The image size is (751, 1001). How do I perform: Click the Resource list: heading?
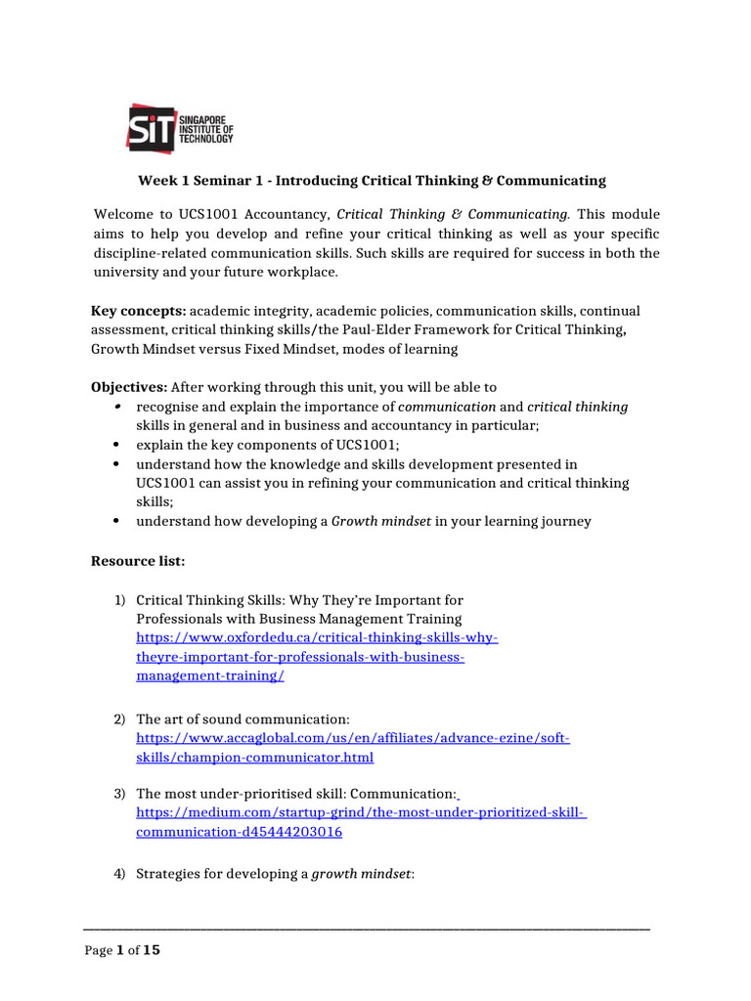[x=138, y=561]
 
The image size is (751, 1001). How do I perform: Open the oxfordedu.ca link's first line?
[x=317, y=637]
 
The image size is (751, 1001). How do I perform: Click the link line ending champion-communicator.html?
[x=254, y=757]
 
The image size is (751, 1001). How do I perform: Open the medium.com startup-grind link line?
[x=360, y=813]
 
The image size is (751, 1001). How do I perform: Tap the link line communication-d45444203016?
[x=239, y=832]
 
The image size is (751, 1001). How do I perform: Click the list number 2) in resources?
[x=119, y=719]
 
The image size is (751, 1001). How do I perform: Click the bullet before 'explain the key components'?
[x=116, y=445]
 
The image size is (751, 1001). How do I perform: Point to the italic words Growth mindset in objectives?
[x=381, y=521]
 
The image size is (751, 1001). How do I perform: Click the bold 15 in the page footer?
[x=152, y=950]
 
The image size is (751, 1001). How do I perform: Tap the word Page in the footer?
[x=99, y=951]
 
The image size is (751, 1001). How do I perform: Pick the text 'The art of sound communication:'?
[x=243, y=719]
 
